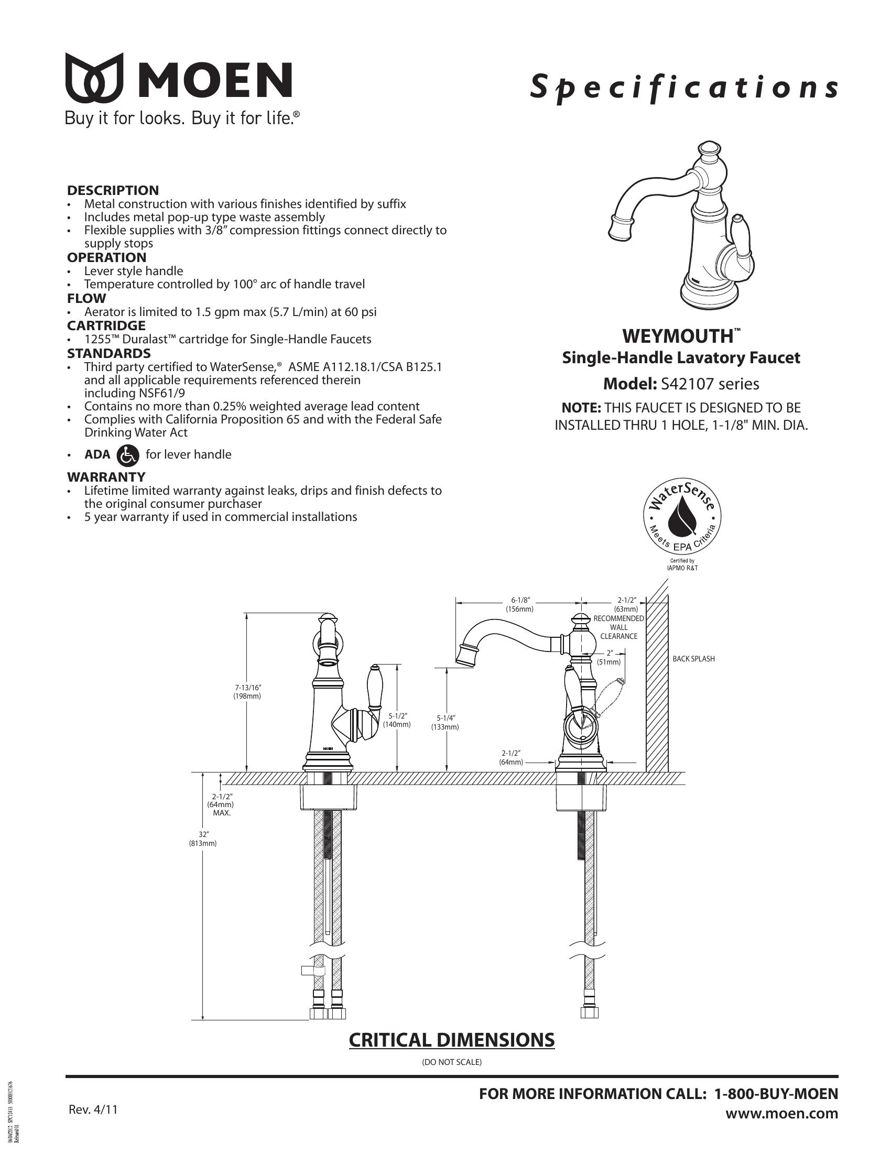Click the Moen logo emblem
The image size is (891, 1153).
(x=94, y=78)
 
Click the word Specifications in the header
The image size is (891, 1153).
(x=683, y=87)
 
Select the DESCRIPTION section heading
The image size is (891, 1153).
(x=113, y=191)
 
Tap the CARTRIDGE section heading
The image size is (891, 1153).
(x=106, y=326)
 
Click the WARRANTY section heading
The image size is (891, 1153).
(x=106, y=477)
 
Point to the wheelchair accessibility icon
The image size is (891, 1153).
(x=128, y=455)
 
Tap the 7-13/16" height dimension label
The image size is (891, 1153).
(x=247, y=692)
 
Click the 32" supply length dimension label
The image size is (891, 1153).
(x=203, y=839)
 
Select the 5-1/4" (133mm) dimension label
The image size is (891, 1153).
(x=446, y=722)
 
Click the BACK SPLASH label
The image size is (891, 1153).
(x=693, y=659)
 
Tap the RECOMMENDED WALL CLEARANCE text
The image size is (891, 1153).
(x=618, y=627)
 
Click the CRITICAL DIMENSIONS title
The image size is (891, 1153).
(x=452, y=1039)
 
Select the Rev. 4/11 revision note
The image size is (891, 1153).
(x=93, y=1109)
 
